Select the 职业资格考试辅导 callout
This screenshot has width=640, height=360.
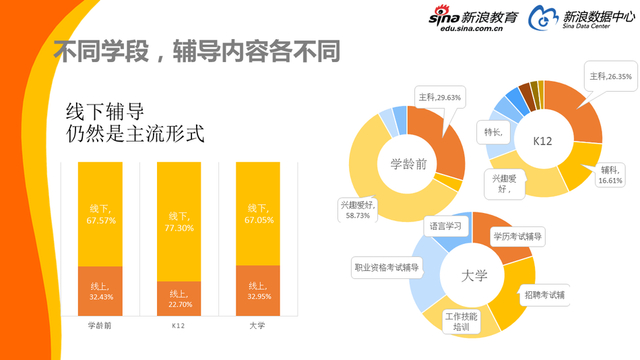[x=386, y=267]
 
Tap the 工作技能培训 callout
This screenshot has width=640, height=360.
[x=462, y=322]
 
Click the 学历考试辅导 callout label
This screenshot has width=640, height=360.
[x=517, y=237]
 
